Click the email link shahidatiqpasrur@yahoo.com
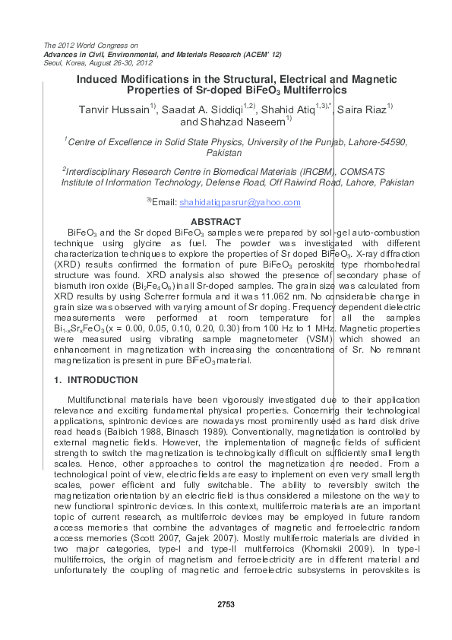(x=239, y=202)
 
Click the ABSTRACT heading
(x=225, y=221)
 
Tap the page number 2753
(x=226, y=604)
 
